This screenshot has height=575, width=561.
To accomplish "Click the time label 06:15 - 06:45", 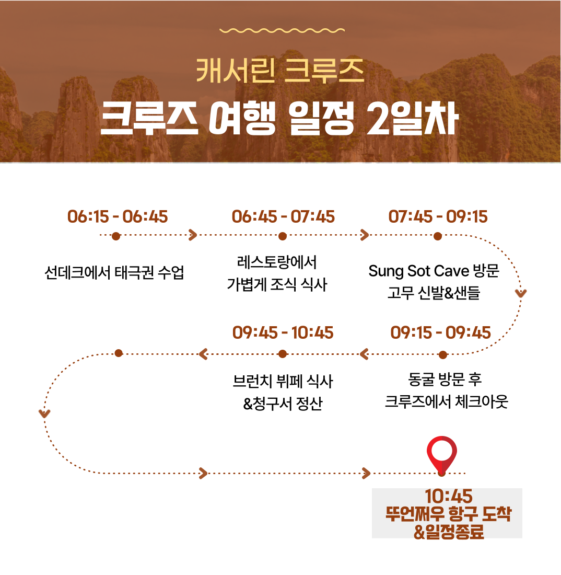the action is tap(118, 216).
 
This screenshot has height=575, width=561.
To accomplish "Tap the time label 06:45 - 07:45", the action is tap(283, 216).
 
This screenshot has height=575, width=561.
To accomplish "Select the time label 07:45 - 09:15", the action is tap(438, 216).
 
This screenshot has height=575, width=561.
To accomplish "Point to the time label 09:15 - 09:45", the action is tap(440, 332).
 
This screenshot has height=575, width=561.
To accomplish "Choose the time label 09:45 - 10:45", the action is tap(283, 332).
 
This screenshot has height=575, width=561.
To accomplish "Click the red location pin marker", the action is tap(442, 455).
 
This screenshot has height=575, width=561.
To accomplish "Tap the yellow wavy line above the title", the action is tap(282, 30).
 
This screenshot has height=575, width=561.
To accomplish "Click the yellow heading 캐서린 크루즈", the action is tap(280, 71).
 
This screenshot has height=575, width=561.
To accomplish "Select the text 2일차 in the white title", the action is tap(412, 118).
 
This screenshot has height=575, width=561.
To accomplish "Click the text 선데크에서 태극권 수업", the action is tap(114, 272).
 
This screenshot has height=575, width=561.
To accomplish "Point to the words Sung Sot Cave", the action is tap(419, 271).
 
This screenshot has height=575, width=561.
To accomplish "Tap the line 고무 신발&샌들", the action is tap(434, 293).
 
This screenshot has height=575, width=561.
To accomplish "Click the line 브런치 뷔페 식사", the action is tap(283, 382).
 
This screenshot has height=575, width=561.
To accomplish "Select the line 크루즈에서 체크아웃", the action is tap(446, 401).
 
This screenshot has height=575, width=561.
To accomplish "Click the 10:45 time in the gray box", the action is tap(449, 496).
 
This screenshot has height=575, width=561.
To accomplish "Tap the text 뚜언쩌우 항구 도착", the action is tap(448, 513).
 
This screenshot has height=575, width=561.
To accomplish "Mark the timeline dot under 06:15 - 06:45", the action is tap(116, 236).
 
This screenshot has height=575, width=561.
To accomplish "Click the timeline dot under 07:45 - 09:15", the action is tap(438, 236).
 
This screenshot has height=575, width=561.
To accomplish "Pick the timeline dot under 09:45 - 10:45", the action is tap(283, 354).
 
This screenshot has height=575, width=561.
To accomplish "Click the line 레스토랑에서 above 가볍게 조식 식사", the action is tap(277, 262).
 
